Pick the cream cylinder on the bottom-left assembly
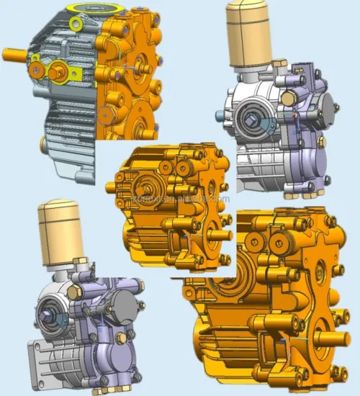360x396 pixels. coord(60,226)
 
